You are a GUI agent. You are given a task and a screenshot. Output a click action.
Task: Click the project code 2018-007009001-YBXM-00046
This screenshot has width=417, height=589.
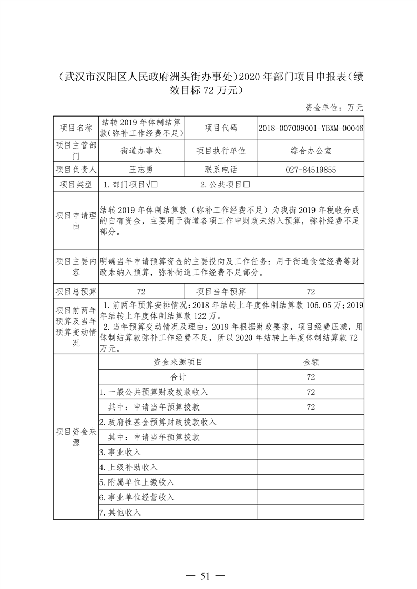pyautogui.click(x=311, y=128)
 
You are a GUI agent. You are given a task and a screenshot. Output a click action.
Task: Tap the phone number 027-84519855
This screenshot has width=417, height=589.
pyautogui.click(x=311, y=170)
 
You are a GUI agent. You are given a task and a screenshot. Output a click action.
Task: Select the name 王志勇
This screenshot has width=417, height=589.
pyautogui.click(x=141, y=170)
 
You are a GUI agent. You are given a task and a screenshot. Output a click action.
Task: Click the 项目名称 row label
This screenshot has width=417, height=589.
pyautogui.click(x=76, y=128)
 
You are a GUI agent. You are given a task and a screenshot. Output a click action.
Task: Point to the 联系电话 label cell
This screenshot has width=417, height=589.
pyautogui.click(x=221, y=170)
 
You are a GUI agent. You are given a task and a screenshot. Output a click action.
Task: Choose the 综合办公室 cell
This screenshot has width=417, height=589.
pyautogui.click(x=311, y=150)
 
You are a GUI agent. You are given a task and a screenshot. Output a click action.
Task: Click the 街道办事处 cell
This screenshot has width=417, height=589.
pyautogui.click(x=141, y=150)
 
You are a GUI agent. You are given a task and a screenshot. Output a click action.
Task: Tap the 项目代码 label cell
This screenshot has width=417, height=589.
pyautogui.click(x=221, y=128)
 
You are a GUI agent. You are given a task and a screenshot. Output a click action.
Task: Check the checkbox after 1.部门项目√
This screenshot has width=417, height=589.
pyautogui.click(x=156, y=185)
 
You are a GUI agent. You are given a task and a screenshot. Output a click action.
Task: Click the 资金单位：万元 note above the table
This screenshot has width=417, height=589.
pyautogui.click(x=334, y=108)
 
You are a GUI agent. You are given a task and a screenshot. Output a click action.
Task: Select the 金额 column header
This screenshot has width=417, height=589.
pyautogui.click(x=311, y=362)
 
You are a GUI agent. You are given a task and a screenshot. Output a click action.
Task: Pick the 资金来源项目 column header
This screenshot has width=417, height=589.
pyautogui.click(x=178, y=362)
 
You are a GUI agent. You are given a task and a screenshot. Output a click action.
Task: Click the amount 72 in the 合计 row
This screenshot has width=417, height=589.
pyautogui.click(x=311, y=377)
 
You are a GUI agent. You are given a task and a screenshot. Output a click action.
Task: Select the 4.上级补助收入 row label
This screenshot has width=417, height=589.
pyautogui.click(x=128, y=467)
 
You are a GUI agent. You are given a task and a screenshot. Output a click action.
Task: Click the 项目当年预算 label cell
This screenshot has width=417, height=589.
pyautogui.click(x=221, y=292)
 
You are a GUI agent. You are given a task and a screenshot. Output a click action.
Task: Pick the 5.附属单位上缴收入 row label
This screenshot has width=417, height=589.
pyautogui.click(x=137, y=482)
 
